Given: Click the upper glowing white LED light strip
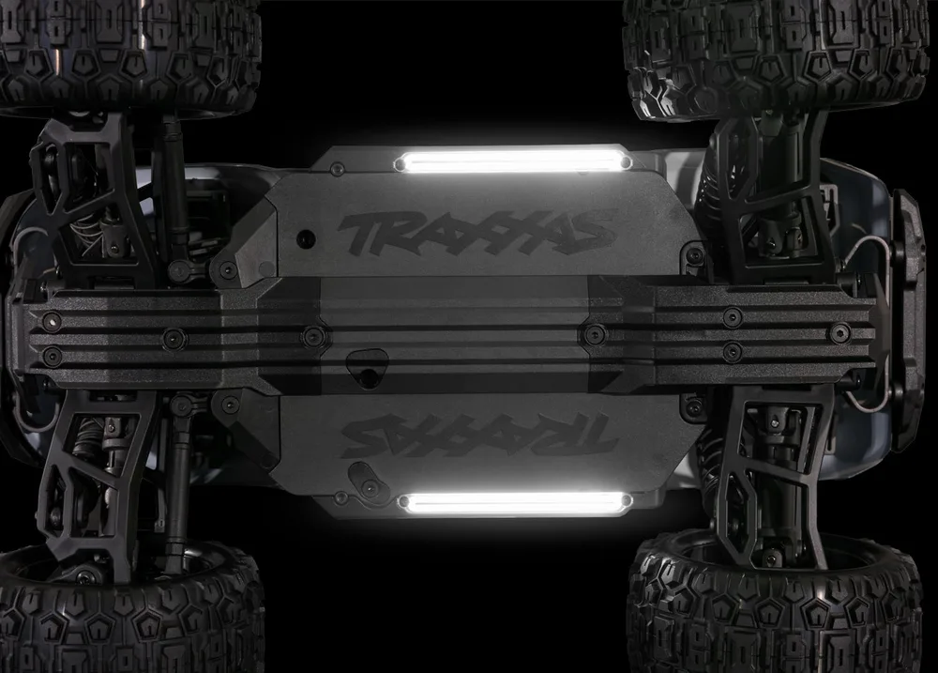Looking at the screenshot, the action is click(x=513, y=161).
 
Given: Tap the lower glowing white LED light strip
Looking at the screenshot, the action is click(x=514, y=503).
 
